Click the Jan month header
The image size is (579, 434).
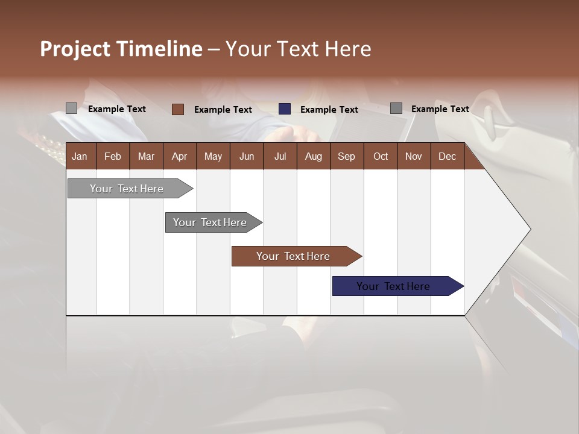coord(80,156)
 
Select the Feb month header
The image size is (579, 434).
coord(113,156)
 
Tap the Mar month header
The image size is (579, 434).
coord(146,156)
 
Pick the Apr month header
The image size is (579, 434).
coord(180,156)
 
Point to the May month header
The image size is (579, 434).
coord(213,156)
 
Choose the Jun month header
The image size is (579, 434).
coord(247,156)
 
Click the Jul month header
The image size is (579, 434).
coord(280,156)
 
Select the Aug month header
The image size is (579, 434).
coord(313,156)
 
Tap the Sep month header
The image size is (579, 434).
coord(346,156)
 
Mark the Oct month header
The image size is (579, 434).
coord(381,156)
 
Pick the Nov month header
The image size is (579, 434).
coord(414,156)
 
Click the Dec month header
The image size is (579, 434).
coord(447,156)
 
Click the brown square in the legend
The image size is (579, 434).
coord(178,109)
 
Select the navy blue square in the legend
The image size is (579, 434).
coord(285,109)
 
